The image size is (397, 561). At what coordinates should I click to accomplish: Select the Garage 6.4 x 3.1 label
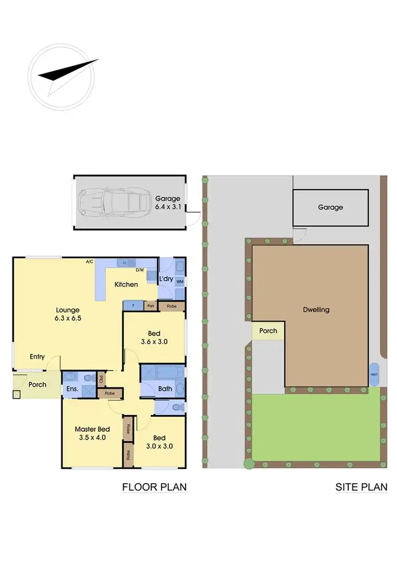(x=168, y=203)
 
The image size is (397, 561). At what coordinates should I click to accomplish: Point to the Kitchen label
(x=127, y=284)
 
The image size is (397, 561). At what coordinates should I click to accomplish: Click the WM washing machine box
(x=179, y=281)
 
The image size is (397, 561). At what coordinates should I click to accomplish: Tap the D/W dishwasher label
(x=140, y=270)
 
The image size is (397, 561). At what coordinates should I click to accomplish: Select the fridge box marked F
(x=132, y=305)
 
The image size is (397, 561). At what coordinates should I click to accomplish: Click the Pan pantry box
(x=150, y=305)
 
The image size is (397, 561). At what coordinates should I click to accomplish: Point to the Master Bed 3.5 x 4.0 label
(x=93, y=433)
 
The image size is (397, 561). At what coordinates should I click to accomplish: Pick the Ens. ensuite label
(x=73, y=389)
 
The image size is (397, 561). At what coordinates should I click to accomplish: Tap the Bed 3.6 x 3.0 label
(x=155, y=337)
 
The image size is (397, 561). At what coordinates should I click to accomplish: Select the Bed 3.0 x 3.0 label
(x=159, y=442)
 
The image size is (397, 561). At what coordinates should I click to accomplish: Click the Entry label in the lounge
(x=37, y=357)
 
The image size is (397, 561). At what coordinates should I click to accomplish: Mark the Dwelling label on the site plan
(x=317, y=310)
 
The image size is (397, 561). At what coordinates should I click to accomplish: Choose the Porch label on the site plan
(x=268, y=331)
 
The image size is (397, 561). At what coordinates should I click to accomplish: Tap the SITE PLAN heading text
(x=361, y=487)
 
